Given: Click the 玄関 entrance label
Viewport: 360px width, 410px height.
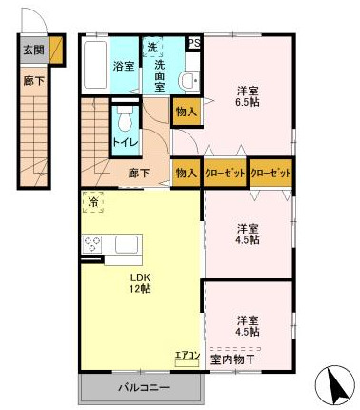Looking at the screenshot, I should click(33, 50).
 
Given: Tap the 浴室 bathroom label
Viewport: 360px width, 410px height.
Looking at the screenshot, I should click(123, 67).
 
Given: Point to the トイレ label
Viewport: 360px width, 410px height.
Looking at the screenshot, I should click(126, 143).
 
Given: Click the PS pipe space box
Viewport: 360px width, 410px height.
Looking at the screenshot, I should click(194, 44).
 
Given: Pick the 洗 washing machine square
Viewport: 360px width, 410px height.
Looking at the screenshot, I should click(151, 48).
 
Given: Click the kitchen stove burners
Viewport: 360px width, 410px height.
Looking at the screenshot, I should click(93, 244).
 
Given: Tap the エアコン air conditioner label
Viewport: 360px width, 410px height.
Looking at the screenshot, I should click(187, 356).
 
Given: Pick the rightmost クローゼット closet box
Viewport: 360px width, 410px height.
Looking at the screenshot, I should click(270, 174).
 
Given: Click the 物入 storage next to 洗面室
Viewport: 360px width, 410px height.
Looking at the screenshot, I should click(186, 112).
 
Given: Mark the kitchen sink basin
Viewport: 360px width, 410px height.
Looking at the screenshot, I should click(128, 244).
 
